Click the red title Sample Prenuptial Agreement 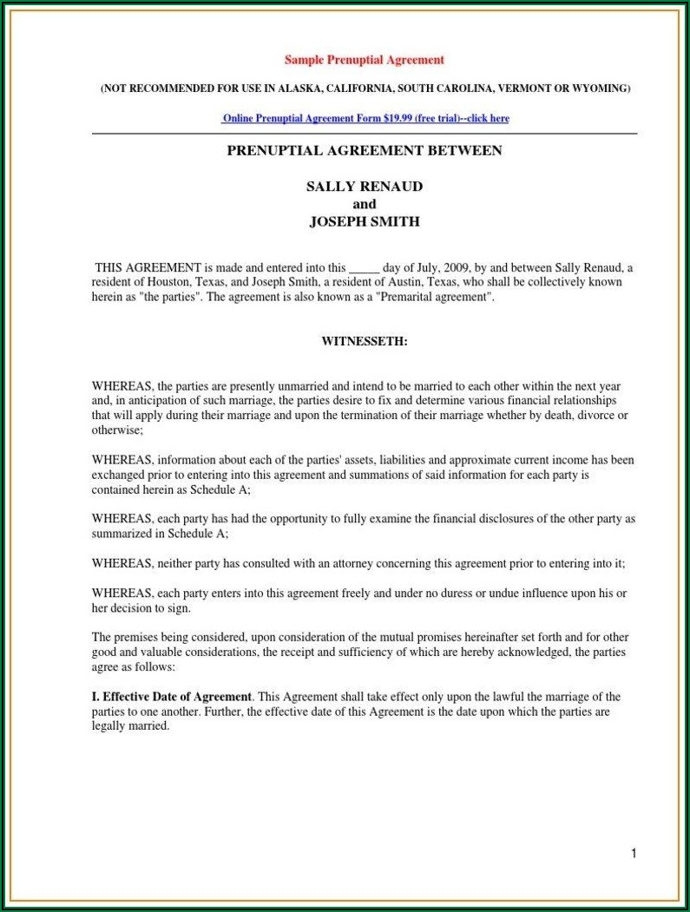point(365,60)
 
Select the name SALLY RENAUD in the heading point(365,187)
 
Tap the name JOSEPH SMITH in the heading point(365,221)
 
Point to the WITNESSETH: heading point(365,341)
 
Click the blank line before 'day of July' point(363,268)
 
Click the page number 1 point(634,854)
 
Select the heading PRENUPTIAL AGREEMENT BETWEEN point(365,151)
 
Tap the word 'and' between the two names point(365,204)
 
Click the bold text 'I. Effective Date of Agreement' point(172,697)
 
